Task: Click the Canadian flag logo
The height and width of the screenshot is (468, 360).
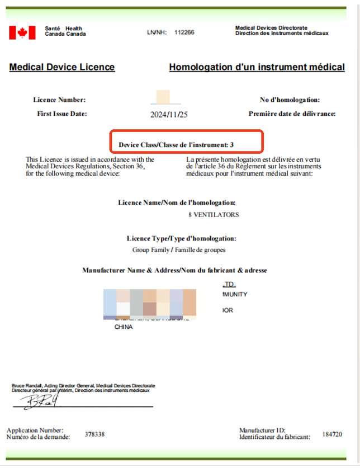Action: pyautogui.click(x=22, y=32)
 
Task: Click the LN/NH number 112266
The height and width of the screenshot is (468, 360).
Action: pyautogui.click(x=184, y=32)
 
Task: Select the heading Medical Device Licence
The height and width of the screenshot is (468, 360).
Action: pyautogui.click(x=62, y=67)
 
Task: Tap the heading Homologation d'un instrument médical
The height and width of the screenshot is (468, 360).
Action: pyautogui.click(x=257, y=67)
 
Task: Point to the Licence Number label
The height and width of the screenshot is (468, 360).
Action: pyautogui.click(x=59, y=100)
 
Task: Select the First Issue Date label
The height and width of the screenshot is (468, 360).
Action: pyautogui.click(x=62, y=114)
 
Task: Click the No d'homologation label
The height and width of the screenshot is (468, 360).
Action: pyautogui.click(x=290, y=100)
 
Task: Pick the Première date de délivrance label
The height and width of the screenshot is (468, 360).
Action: pyautogui.click(x=292, y=114)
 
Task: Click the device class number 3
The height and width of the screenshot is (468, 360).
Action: pyautogui.click(x=231, y=145)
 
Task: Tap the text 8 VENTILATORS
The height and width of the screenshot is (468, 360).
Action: pyautogui.click(x=214, y=215)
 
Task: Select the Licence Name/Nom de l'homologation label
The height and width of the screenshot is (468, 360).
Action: pyautogui.click(x=177, y=202)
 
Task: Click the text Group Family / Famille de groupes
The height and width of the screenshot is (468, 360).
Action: pyautogui.click(x=178, y=250)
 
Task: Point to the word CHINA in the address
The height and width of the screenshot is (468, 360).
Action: pyautogui.click(x=124, y=327)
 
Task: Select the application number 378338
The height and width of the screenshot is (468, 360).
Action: pyautogui.click(x=94, y=434)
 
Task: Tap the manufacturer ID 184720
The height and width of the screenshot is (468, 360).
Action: pyautogui.click(x=332, y=434)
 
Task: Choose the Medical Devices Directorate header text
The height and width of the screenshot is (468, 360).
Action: pyautogui.click(x=271, y=27)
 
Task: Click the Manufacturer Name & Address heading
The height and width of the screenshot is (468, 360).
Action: pyautogui.click(x=174, y=271)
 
